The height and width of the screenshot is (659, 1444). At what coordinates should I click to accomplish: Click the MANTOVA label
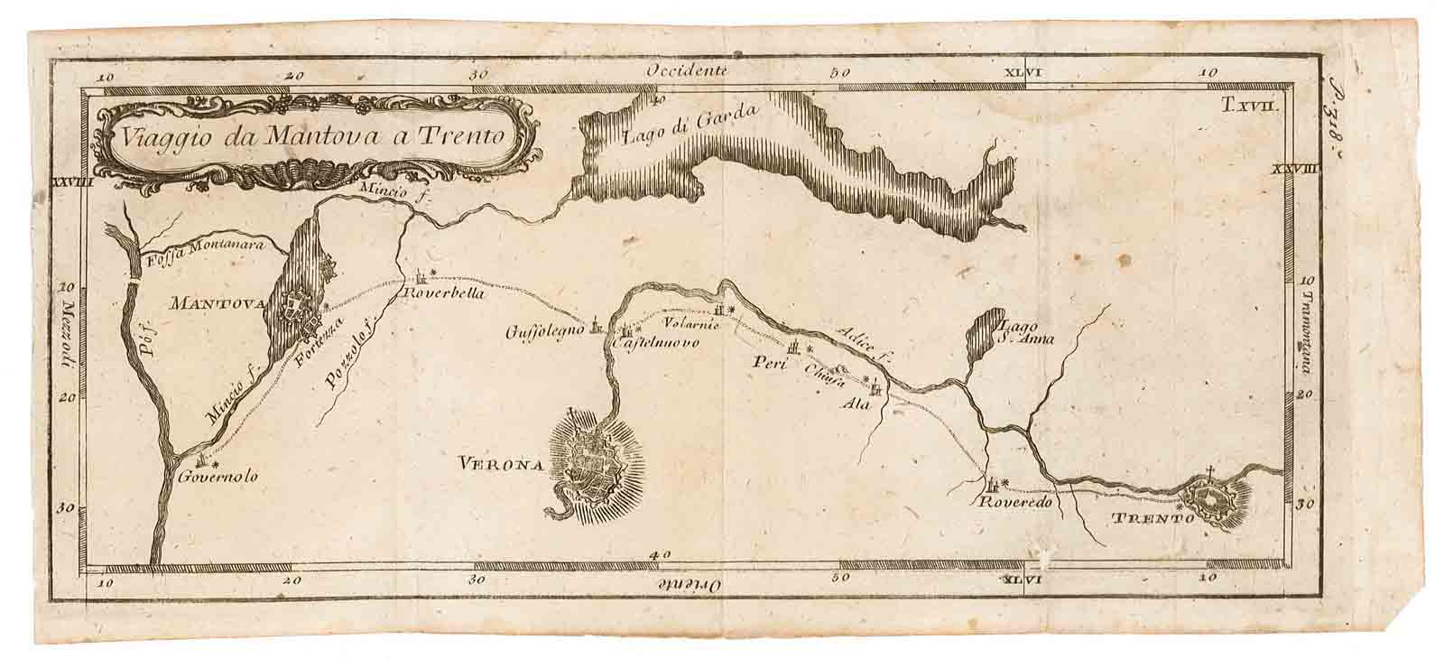click(x=217, y=304)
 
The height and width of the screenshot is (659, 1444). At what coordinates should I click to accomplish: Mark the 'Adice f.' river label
click(x=862, y=346)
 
